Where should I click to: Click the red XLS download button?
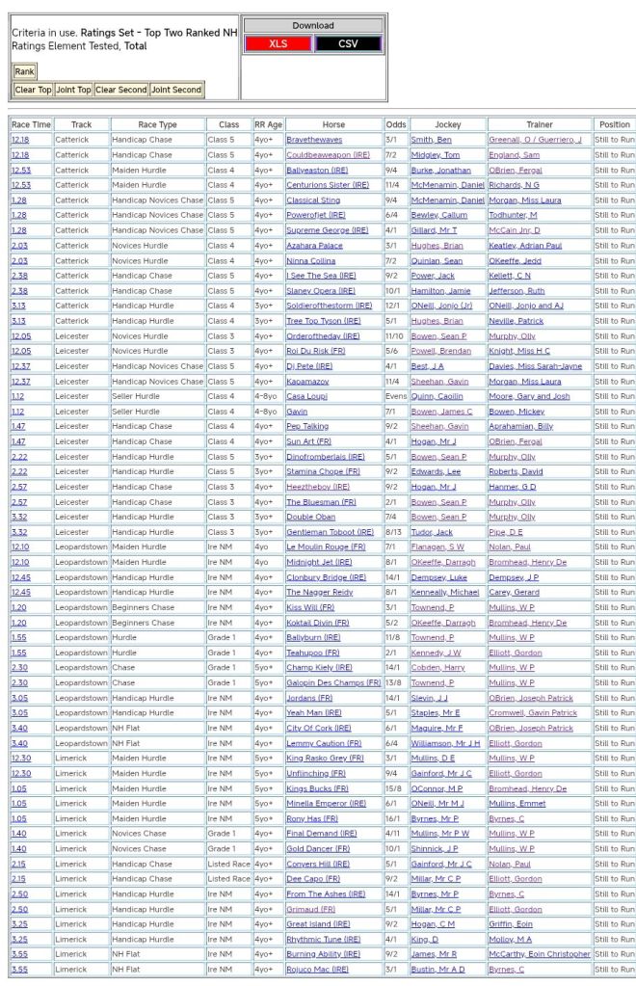point(278,43)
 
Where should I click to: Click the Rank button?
point(24,71)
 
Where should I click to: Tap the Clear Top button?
point(33,90)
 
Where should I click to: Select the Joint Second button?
point(176,90)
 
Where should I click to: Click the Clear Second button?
point(120,90)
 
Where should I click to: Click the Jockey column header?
point(447,124)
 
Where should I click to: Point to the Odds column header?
point(395,124)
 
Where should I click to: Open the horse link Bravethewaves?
point(314,140)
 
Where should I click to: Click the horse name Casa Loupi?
point(307,396)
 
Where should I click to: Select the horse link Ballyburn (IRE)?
point(313,638)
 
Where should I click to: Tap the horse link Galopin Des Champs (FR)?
point(332,682)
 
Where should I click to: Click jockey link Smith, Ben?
point(431,140)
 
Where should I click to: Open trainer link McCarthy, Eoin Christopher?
point(539,954)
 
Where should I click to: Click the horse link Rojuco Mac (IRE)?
point(317,969)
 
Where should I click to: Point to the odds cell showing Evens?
point(395,396)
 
